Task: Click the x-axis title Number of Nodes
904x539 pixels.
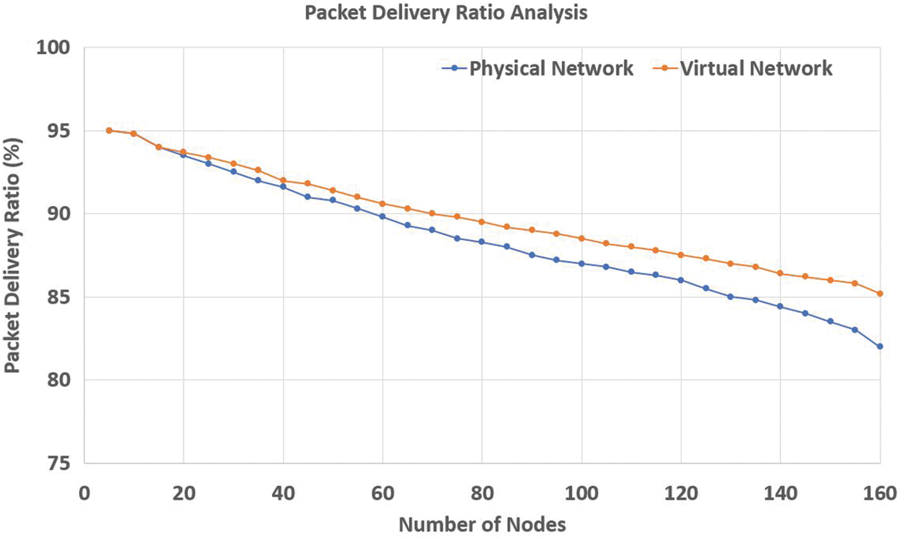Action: click(x=483, y=524)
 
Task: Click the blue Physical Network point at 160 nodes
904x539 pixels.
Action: click(x=880, y=346)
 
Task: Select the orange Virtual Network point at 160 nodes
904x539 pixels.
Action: click(x=880, y=294)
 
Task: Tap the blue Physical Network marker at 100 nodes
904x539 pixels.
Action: click(x=581, y=263)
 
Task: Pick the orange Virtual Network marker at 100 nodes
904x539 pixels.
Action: click(x=581, y=238)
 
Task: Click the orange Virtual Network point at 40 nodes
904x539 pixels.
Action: click(x=283, y=180)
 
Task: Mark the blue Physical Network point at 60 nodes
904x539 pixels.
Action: click(x=382, y=216)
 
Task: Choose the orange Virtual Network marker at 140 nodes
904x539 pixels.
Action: click(x=780, y=273)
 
